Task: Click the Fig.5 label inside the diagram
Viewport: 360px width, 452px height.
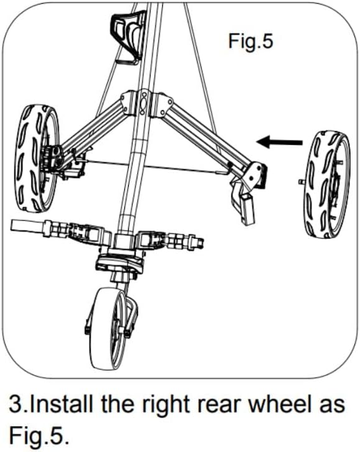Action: (251, 42)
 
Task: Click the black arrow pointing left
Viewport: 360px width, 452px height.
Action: (279, 142)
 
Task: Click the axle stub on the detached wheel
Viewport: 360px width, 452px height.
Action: (302, 182)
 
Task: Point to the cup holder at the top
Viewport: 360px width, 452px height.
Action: (129, 36)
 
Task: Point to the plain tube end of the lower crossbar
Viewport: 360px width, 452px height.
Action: (27, 225)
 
